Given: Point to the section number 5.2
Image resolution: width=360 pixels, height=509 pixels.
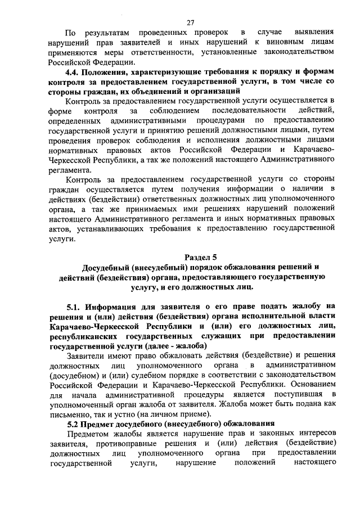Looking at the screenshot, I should pyautogui.click(x=73, y=423).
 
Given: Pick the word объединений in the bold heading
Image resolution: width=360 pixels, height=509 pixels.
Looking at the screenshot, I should pyautogui.click(x=155, y=91).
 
